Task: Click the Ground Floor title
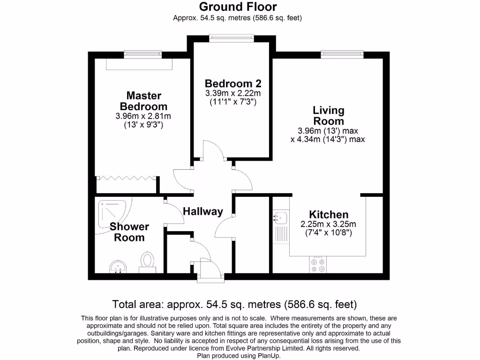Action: pos(238,7)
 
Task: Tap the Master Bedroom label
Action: pos(143,101)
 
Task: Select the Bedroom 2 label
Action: pos(232,83)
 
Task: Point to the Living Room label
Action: pos(328,116)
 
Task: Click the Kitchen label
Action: pos(328,215)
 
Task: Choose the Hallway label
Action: pos(202,211)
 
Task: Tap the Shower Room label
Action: pos(129,232)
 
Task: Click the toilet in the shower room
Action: pos(148,261)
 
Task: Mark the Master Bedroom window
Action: pos(143,55)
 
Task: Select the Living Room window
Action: pos(342,55)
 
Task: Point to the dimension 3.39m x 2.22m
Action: pos(232,93)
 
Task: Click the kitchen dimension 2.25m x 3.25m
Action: pos(328,224)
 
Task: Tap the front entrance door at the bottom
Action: pos(208,272)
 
